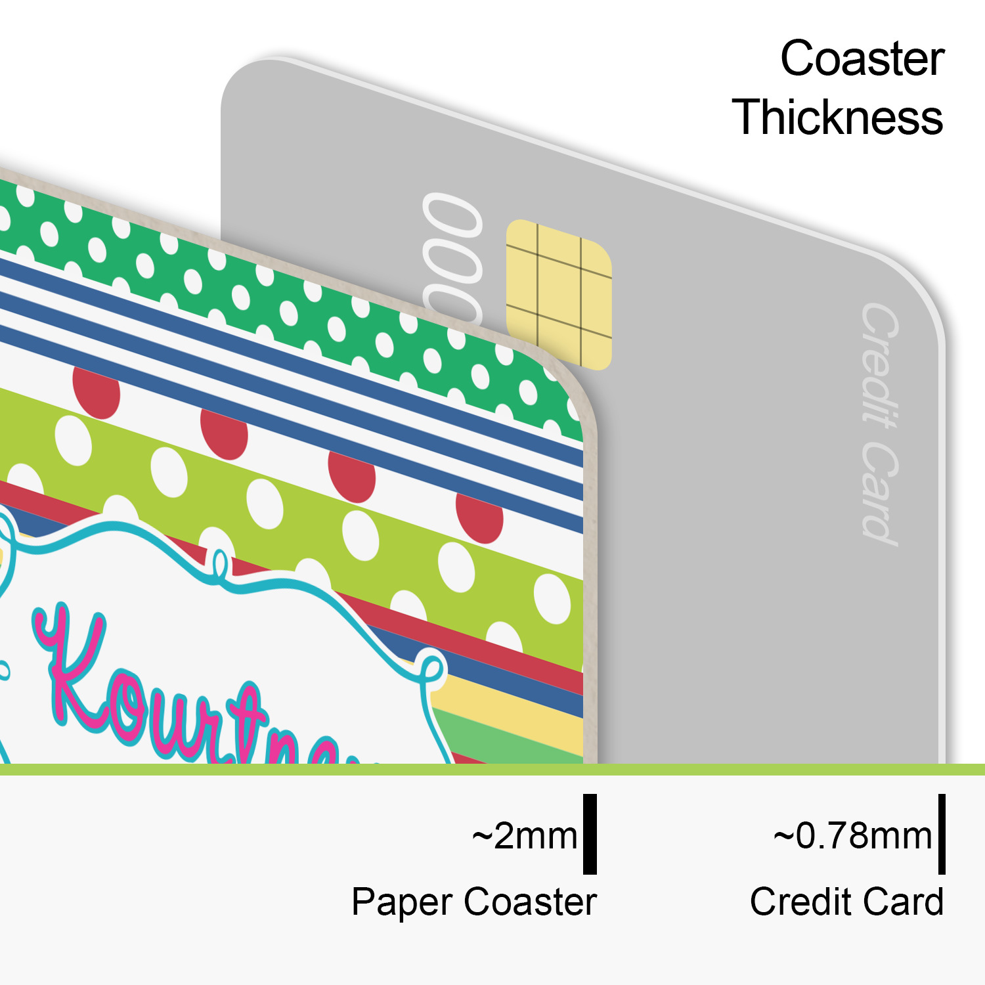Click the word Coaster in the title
tap(862, 59)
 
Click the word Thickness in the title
tap(837, 118)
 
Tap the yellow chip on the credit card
tap(559, 294)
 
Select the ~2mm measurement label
tap(525, 836)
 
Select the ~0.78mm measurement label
tap(852, 836)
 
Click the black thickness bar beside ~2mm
tap(590, 834)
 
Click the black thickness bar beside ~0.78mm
tap(942, 834)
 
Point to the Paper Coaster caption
tap(473, 902)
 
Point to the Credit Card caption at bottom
tap(846, 902)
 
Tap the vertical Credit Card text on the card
tap(880, 424)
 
